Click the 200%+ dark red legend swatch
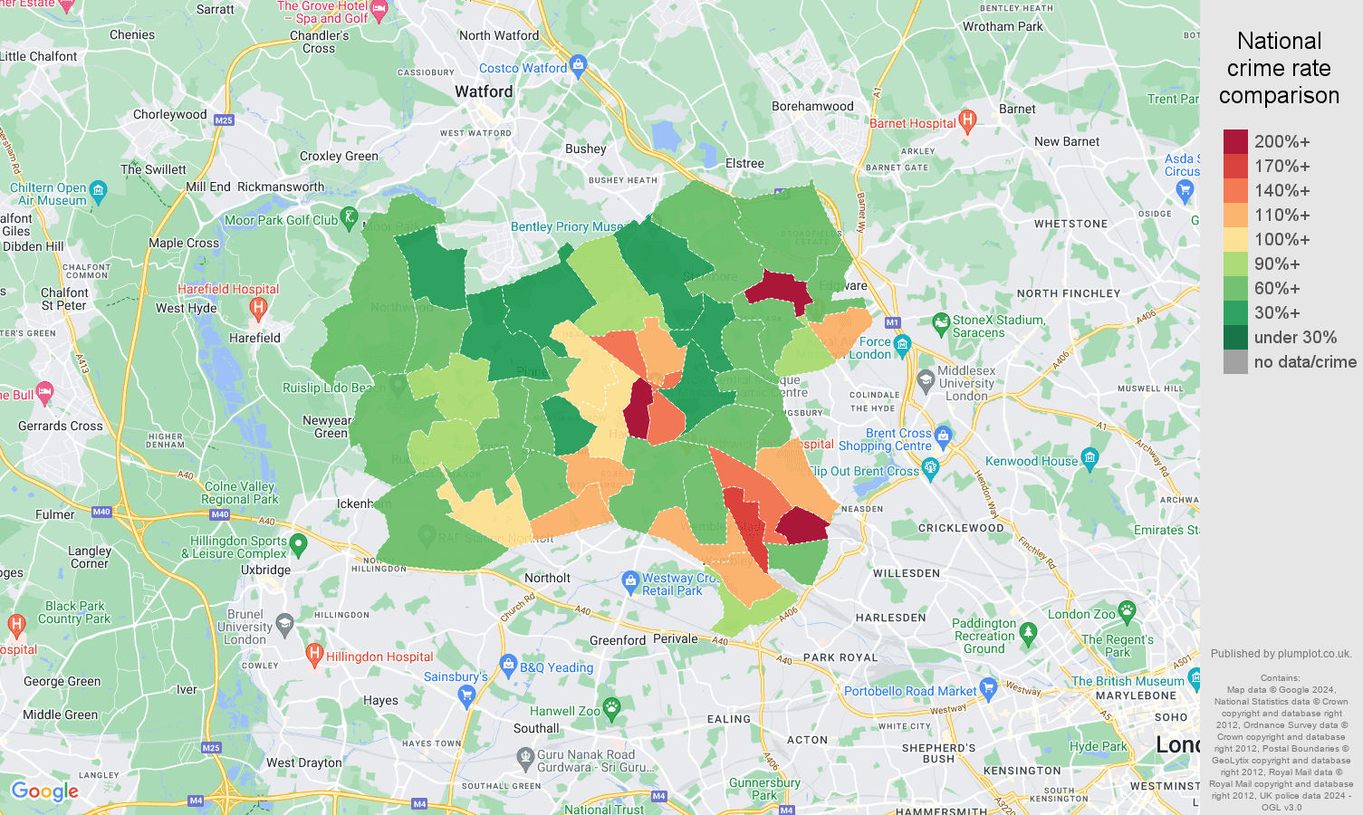click(1235, 141)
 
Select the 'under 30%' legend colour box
click(1235, 337)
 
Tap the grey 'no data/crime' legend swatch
click(1235, 362)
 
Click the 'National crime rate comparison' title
click(1279, 68)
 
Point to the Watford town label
click(484, 91)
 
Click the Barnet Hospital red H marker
click(967, 120)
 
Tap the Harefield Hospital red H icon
click(258, 308)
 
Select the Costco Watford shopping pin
click(580, 65)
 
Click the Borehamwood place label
click(812, 106)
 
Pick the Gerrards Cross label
click(61, 426)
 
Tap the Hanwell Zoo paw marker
click(612, 708)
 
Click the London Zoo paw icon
click(1127, 611)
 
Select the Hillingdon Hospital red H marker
click(314, 653)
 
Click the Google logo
click(44, 791)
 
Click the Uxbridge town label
click(265, 570)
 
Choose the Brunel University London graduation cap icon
click(284, 623)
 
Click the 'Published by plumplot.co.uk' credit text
click(1281, 653)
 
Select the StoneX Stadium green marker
click(941, 322)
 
